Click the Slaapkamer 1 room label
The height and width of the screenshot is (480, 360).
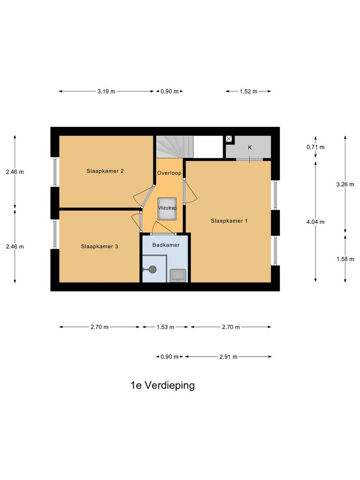(229, 221)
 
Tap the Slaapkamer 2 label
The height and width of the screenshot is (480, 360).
(105, 171)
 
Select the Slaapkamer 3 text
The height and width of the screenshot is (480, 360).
(99, 246)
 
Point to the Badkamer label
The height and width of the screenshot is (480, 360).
(166, 245)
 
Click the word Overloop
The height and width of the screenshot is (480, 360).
(169, 173)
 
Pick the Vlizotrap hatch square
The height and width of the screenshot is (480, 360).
(167, 208)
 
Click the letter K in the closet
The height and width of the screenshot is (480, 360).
(250, 147)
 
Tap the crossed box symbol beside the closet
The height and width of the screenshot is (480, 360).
(229, 139)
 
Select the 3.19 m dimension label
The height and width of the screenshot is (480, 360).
(106, 91)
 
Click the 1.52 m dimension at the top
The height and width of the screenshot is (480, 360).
(248, 91)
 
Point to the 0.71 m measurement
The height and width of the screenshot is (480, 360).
(315, 147)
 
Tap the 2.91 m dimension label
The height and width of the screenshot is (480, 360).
(228, 357)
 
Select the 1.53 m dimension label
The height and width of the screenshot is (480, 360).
(165, 327)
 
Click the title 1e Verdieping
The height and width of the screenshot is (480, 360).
(162, 386)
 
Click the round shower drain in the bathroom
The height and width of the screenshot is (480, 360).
(152, 269)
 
